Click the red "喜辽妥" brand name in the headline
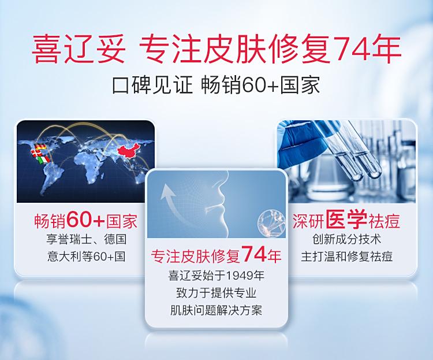79,50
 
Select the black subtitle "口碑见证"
152,84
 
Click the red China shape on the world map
128,151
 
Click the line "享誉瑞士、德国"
87,239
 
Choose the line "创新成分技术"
346,239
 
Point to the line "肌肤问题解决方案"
216,310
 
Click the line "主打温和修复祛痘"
346,257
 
